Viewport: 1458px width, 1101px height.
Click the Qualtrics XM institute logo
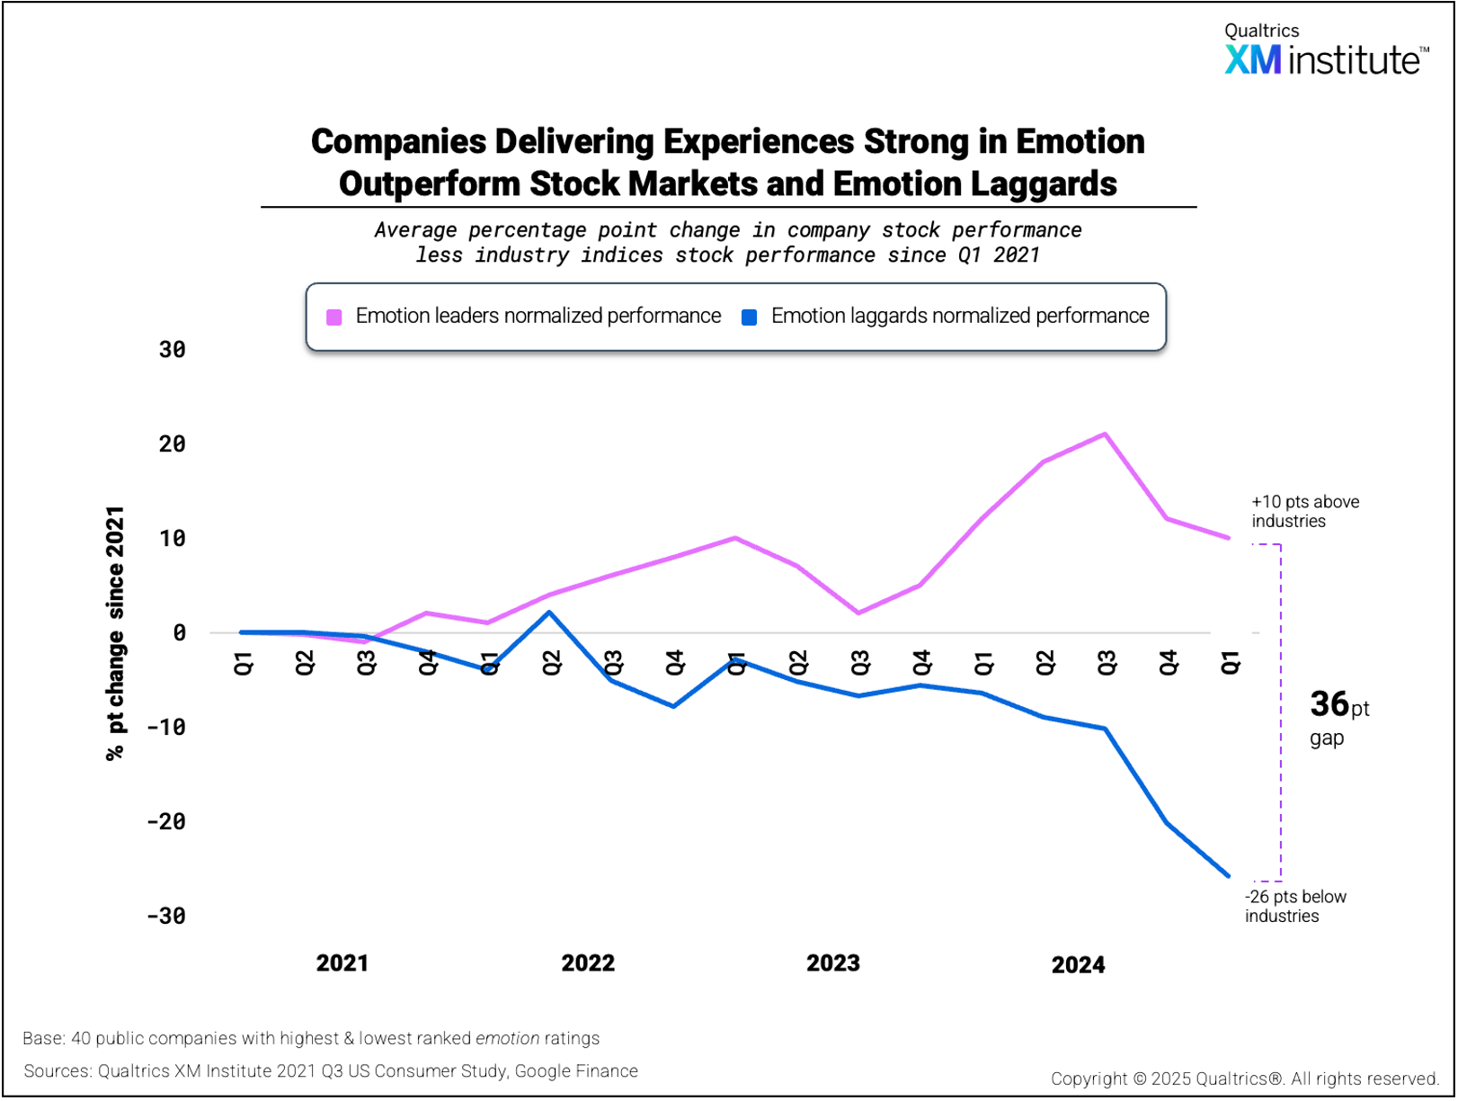tap(1326, 50)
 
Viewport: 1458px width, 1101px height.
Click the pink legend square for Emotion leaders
tap(334, 317)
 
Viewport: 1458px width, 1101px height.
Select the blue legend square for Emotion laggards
tap(749, 317)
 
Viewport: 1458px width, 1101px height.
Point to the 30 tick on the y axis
tap(172, 349)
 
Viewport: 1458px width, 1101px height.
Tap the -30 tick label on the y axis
tap(166, 916)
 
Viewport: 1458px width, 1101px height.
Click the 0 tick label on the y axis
tap(179, 632)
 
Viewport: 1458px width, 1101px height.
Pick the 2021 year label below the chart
tap(342, 963)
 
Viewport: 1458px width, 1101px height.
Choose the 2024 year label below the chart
tap(1078, 965)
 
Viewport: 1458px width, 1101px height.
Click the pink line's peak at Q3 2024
tap(1106, 434)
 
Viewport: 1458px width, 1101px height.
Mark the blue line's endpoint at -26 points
tap(1229, 876)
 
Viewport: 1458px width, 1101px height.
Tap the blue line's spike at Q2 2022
tap(549, 613)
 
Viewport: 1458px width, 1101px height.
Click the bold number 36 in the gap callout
tap(1329, 704)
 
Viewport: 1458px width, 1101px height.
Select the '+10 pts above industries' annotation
tap(1305, 511)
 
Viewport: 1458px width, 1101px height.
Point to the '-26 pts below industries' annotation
tap(1295, 906)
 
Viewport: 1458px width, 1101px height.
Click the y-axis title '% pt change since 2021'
tap(115, 632)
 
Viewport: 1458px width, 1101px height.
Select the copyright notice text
tap(1245, 1079)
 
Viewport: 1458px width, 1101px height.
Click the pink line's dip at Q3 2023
tap(859, 613)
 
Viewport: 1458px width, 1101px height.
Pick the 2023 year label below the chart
tap(832, 963)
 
